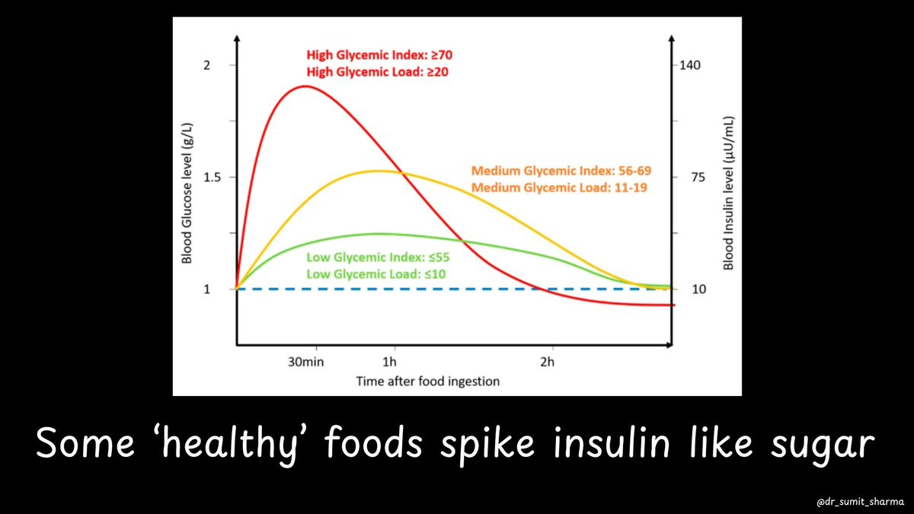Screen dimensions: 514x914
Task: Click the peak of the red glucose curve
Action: pos(305,86)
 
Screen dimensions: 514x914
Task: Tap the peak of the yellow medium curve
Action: pos(379,171)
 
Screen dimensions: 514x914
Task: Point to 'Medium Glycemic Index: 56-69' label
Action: pos(561,170)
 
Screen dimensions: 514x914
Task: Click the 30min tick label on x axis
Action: pos(305,362)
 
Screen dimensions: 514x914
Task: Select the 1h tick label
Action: pos(390,362)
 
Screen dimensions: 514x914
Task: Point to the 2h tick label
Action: pos(547,362)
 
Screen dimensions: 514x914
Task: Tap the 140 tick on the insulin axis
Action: pos(698,65)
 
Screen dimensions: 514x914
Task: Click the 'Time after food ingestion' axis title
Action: pos(427,381)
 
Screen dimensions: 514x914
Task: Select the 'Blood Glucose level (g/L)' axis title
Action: pos(186,196)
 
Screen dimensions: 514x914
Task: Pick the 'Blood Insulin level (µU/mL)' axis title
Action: pos(728,193)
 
